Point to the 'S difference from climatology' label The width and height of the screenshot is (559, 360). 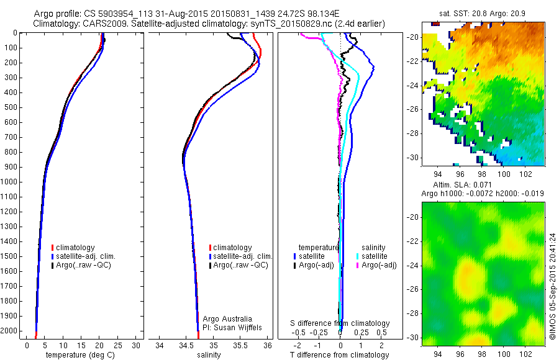[x=340, y=323]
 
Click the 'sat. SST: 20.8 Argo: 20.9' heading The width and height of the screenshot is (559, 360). [x=475, y=12]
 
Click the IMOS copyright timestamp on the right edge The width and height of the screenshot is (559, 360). [x=552, y=291]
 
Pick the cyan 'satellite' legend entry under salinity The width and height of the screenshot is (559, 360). [x=374, y=256]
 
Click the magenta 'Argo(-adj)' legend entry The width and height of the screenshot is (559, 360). [x=378, y=265]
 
